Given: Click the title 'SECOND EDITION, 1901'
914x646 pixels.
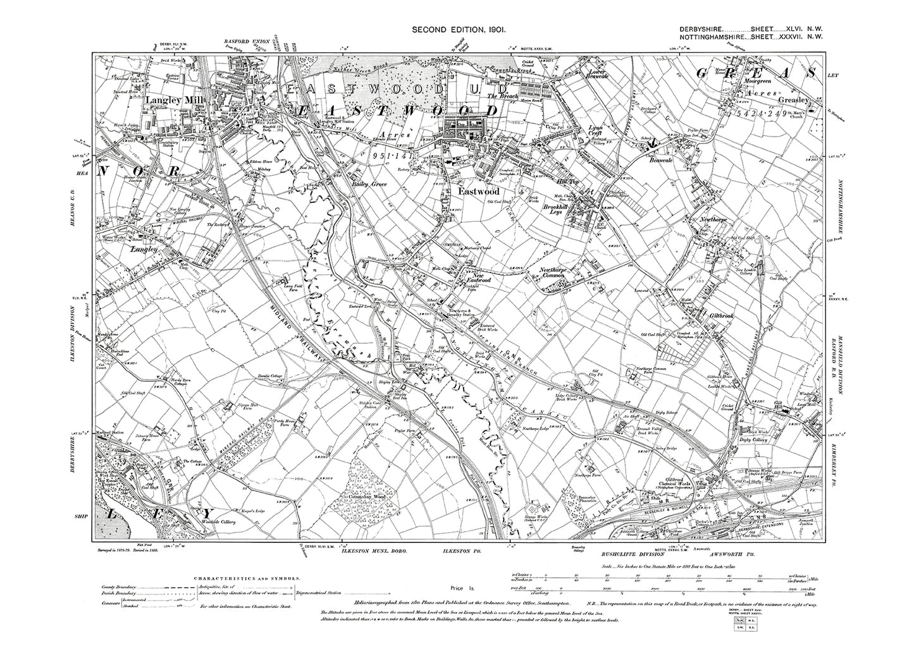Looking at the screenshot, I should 457,30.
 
